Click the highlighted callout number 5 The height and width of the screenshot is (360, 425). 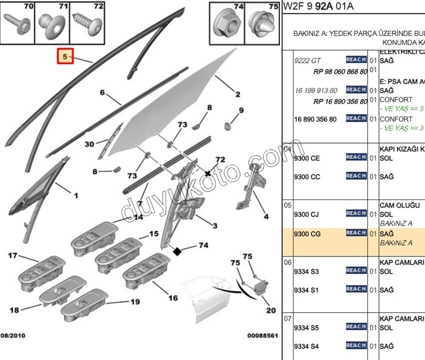coord(64,56)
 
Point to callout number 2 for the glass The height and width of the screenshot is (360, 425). coord(237,94)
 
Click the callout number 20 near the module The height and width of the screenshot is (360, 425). coord(270,310)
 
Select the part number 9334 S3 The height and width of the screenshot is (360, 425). coord(306,271)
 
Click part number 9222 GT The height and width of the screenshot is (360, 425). coord(307,60)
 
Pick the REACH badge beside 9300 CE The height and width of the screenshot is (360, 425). coord(356,157)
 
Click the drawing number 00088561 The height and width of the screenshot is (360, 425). coord(262,335)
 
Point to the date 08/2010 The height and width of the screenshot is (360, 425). coord(13,335)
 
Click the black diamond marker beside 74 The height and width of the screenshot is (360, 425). coord(176,251)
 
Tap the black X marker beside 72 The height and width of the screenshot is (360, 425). coord(207,173)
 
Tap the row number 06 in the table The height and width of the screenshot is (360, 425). coord(287,262)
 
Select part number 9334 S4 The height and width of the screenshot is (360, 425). coord(306,346)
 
